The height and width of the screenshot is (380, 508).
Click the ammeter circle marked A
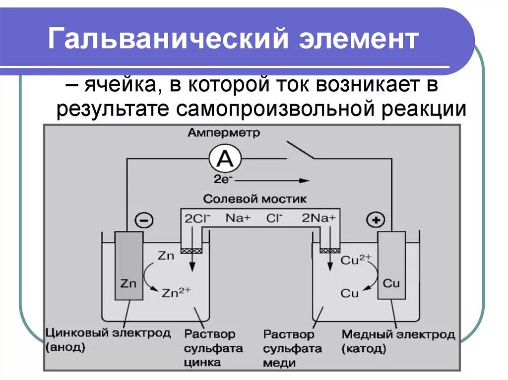pos(225,159)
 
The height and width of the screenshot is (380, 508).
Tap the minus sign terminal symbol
pos(144,220)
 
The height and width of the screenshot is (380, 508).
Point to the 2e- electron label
pos(222,180)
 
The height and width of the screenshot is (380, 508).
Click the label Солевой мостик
pos(255,199)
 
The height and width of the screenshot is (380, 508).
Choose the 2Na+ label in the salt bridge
pos(319,217)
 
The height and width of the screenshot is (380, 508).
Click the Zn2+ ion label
pos(176,292)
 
